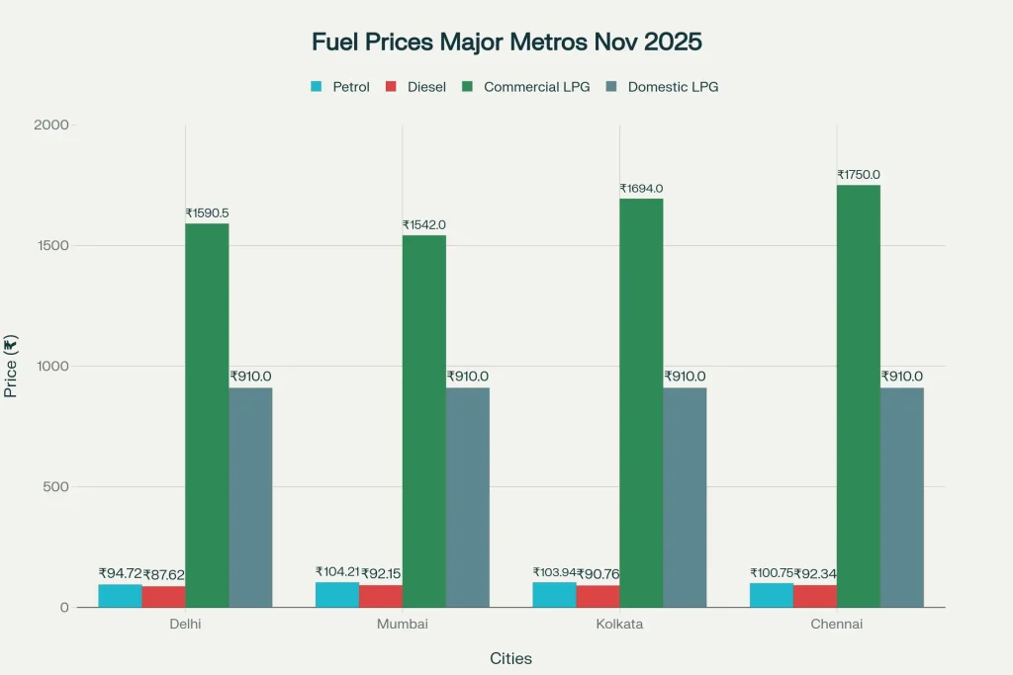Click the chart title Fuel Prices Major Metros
pyautogui.click(x=506, y=42)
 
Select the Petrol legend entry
pyautogui.click(x=340, y=87)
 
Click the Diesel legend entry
pyautogui.click(x=416, y=87)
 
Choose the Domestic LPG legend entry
pyautogui.click(x=663, y=87)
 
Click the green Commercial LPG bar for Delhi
pyautogui.click(x=207, y=415)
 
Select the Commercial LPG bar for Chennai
pyautogui.click(x=858, y=395)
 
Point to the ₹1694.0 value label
pyautogui.click(x=641, y=189)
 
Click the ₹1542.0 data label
pyautogui.click(x=423, y=225)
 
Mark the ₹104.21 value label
pyautogui.click(x=336, y=572)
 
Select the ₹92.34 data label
pyautogui.click(x=815, y=573)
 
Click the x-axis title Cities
pyautogui.click(x=510, y=658)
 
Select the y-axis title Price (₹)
pyautogui.click(x=11, y=367)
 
